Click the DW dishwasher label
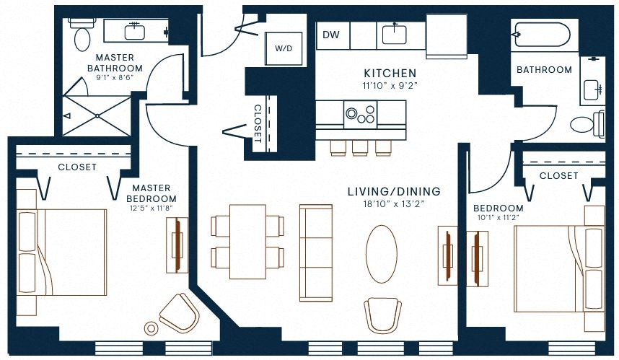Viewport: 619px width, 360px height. coord(331,35)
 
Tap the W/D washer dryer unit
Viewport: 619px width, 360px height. coord(284,48)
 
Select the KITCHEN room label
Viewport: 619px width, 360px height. coord(390,73)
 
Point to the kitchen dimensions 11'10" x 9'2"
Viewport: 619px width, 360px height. coord(390,85)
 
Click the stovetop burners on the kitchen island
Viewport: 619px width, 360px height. coord(360,114)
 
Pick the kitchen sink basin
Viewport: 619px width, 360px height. coord(395,35)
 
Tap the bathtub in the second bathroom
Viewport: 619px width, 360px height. coord(541,35)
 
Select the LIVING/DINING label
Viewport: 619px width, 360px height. coord(394,191)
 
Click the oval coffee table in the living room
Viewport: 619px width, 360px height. coord(382,254)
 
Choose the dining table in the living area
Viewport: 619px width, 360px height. coord(247,242)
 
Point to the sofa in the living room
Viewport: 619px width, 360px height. coord(316,253)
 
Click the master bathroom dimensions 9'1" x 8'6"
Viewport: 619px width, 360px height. coord(115,78)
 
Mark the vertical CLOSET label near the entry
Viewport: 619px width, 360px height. coord(258,123)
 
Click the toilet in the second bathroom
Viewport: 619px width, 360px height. coord(587,124)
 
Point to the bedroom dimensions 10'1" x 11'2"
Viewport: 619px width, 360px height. coord(499,217)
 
